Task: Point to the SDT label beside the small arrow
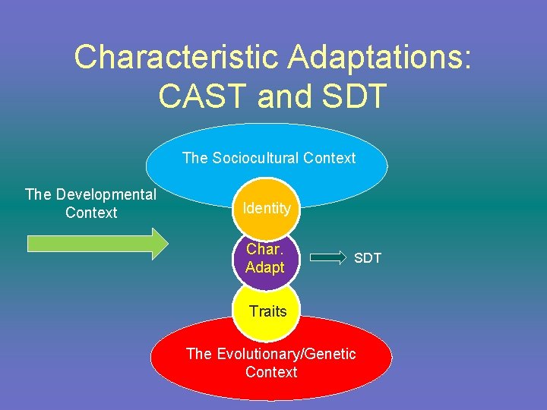[368, 258]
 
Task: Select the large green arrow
[97, 244]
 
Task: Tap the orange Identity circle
[267, 207]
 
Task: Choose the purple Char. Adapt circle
[265, 258]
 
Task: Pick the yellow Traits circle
[267, 311]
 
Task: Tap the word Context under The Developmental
[91, 213]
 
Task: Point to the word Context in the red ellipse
[271, 372]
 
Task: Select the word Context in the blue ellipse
[329, 158]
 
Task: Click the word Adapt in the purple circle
[265, 267]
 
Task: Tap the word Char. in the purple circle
[264, 249]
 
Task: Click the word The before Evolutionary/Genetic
[199, 354]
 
